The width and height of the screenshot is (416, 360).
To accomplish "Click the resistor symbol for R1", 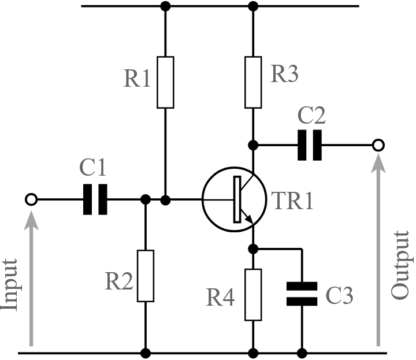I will (x=165, y=82).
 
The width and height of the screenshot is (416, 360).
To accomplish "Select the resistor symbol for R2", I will (x=146, y=276).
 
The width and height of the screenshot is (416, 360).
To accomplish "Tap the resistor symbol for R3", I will (x=253, y=82).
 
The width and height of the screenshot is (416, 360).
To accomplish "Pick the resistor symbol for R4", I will (x=253, y=295).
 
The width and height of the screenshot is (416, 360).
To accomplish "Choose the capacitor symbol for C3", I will (x=302, y=294).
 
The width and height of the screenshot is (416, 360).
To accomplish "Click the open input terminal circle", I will (x=31, y=199).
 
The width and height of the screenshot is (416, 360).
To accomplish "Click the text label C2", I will (x=312, y=117).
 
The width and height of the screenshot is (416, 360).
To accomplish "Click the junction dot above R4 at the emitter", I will (x=253, y=249).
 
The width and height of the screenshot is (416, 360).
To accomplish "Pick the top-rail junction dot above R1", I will (x=165, y=7).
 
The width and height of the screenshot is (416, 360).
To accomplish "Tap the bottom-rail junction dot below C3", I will (x=302, y=352).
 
